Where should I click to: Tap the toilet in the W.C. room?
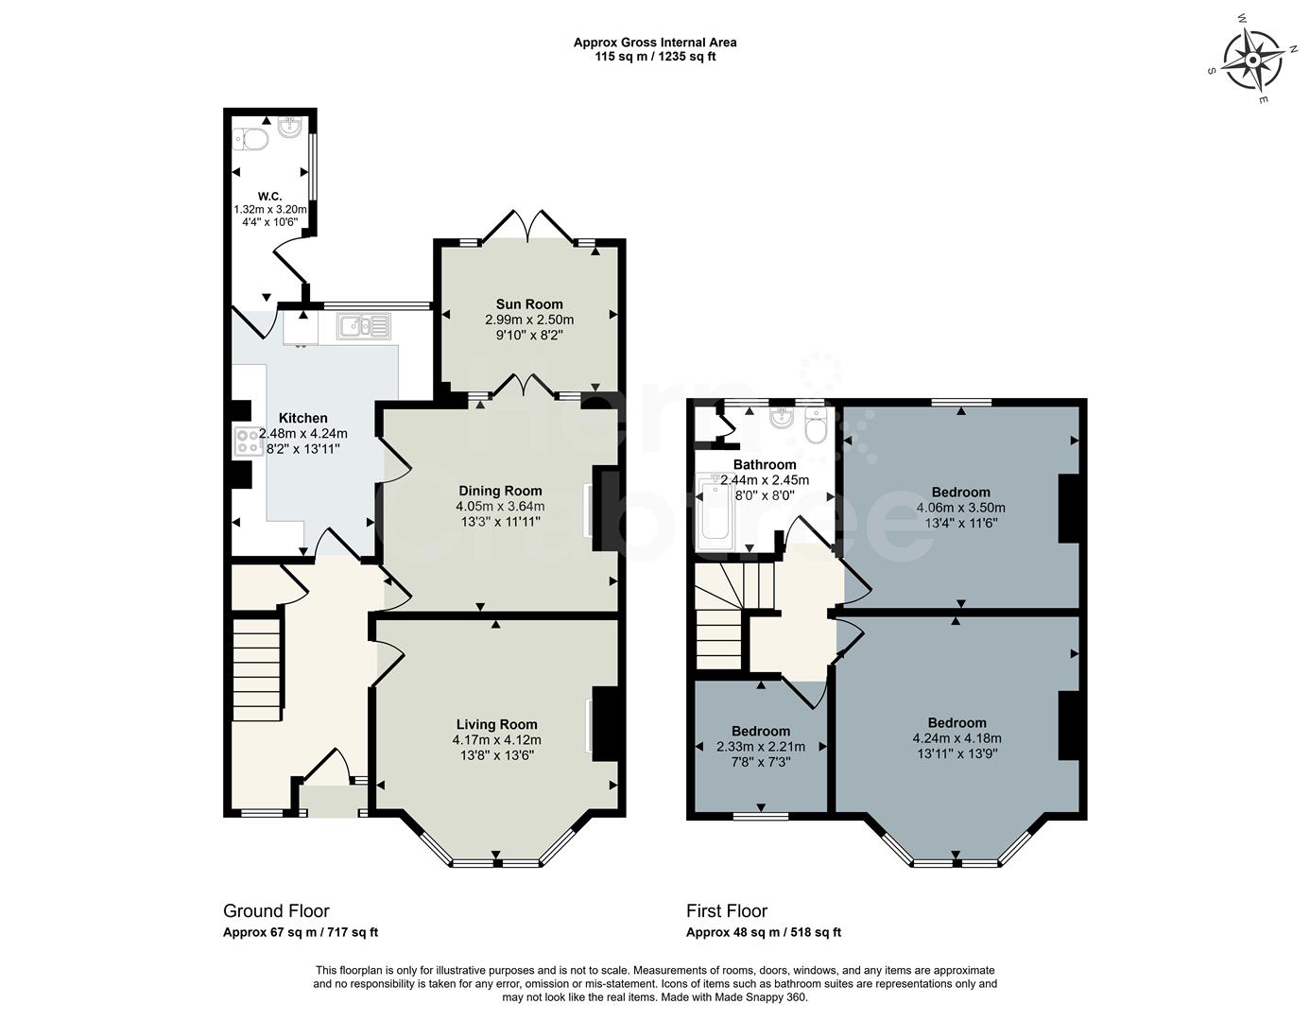253,139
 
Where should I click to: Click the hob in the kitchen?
249,441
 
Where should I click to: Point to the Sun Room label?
529,304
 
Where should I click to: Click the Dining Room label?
500,491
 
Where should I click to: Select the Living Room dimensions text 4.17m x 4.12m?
496,740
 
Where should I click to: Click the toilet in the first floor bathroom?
816,427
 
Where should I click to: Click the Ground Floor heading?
276,911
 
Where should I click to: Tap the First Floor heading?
727,911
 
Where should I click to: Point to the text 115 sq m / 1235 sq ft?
655,57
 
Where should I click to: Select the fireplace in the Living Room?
602,723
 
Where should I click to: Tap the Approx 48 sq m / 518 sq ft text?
763,932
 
